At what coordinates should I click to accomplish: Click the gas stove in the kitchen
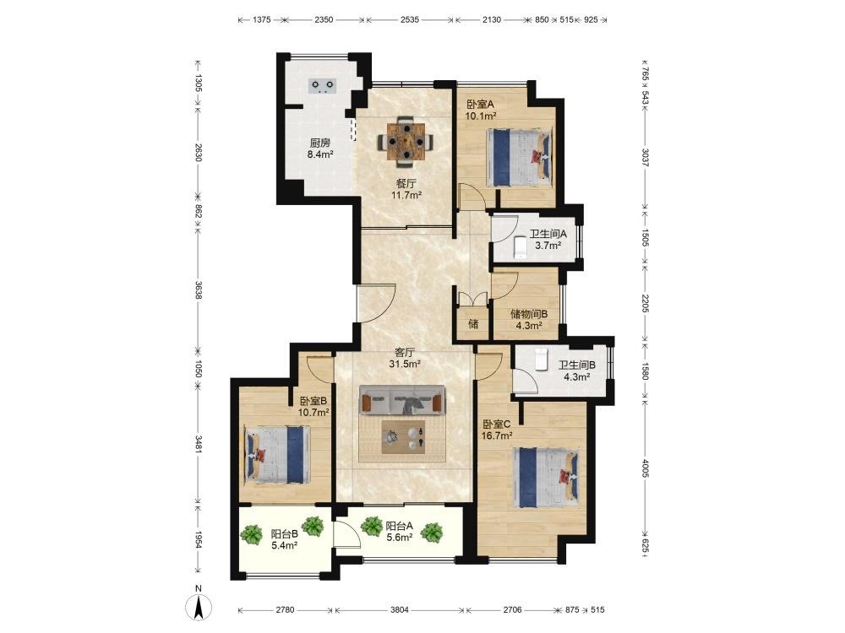point(323,86)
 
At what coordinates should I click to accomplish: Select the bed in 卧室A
point(520,157)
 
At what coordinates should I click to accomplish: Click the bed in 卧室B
point(277,455)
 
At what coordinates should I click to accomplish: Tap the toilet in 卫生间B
point(541,360)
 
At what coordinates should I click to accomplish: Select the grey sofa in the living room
point(403,400)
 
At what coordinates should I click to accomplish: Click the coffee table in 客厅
point(403,437)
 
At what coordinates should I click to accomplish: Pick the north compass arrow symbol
point(199,608)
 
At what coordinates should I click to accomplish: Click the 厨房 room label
point(320,143)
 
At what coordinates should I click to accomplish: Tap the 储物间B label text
point(529,314)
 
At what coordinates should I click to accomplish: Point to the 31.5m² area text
point(405,364)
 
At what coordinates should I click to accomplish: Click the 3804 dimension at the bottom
point(400,610)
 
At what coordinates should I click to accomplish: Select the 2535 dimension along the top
point(410,20)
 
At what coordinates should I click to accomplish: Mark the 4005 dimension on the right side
point(646,468)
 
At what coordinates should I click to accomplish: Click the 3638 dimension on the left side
point(199,290)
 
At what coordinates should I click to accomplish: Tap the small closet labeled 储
point(473,324)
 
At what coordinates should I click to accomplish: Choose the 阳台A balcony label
point(400,526)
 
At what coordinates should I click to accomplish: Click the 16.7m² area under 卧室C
point(497,436)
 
